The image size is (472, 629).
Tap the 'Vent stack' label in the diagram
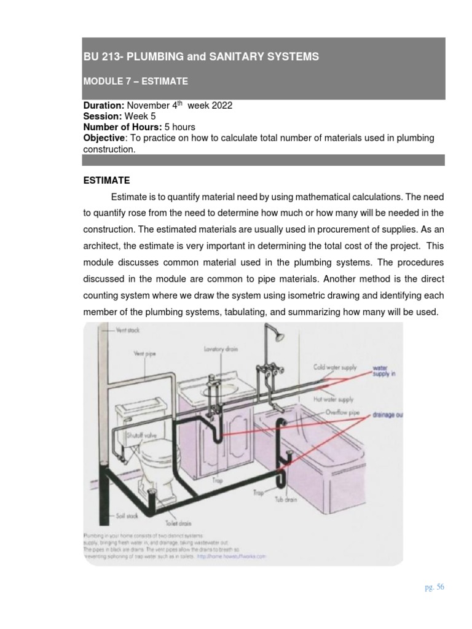click(128, 330)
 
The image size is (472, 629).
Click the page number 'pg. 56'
click(434, 587)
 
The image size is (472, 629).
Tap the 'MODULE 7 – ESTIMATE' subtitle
click(135, 81)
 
